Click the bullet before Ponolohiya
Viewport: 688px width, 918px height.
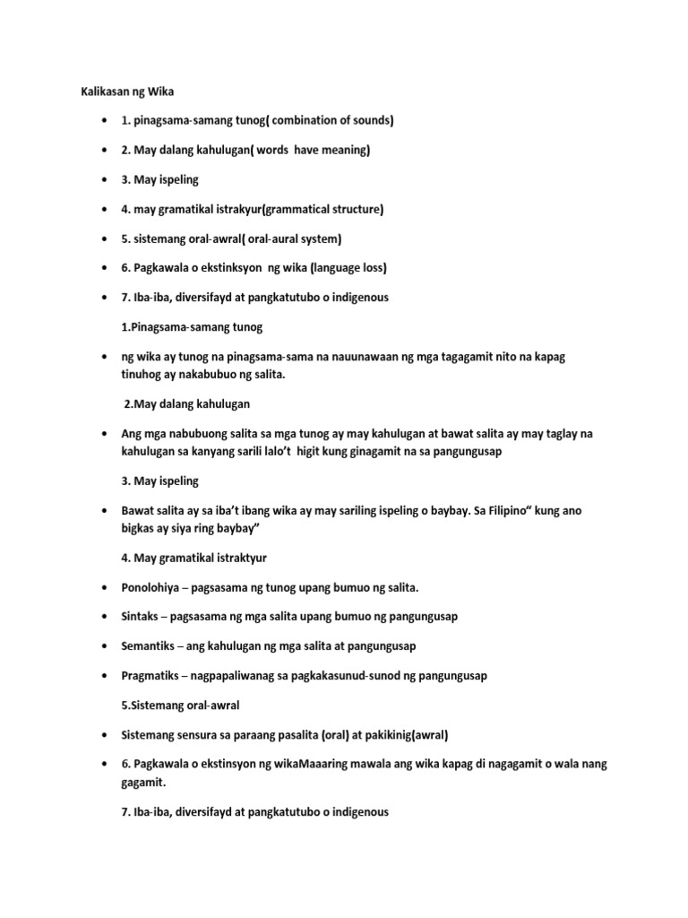106,587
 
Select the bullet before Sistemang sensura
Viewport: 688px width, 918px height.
106,735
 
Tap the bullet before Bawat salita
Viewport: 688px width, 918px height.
106,510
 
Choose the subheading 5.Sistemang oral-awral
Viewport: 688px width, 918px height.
180,705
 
